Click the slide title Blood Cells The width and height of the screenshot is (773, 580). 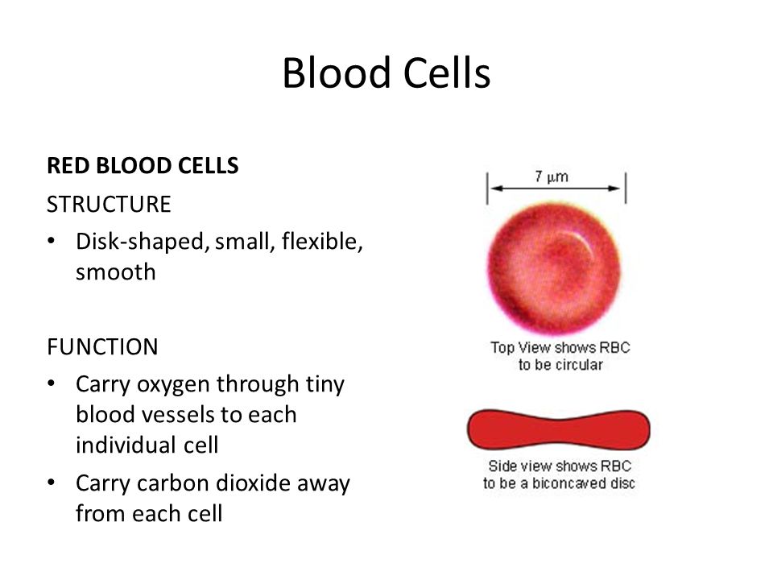[386, 73]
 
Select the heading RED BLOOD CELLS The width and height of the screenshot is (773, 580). [143, 166]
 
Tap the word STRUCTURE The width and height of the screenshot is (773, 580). [109, 204]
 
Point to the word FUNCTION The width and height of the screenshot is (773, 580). [102, 346]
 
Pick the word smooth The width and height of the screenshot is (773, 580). [116, 271]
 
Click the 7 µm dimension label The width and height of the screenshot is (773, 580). [552, 176]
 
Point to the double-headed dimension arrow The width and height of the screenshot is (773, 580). [556, 188]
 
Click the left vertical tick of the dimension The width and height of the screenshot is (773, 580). [488, 188]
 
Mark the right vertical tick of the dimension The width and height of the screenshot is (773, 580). [626, 188]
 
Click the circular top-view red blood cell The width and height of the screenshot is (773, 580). [554, 268]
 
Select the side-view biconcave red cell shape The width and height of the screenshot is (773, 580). [559, 429]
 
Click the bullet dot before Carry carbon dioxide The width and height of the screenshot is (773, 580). [51, 483]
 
